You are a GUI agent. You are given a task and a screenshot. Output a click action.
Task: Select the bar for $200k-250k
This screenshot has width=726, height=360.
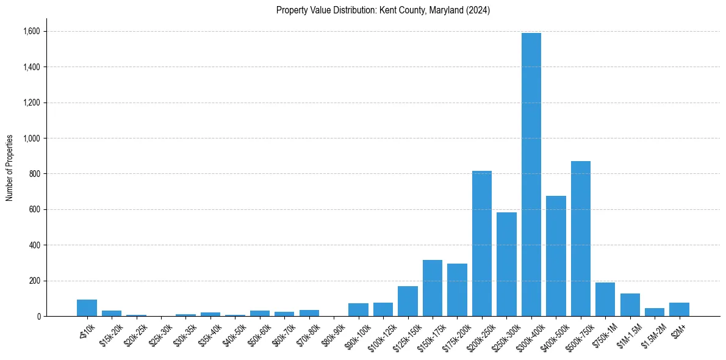tap(482, 243)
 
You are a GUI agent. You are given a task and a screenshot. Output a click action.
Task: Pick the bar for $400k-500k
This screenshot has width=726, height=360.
tap(556, 256)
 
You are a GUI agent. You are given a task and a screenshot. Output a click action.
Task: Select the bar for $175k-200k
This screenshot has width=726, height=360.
tap(457, 290)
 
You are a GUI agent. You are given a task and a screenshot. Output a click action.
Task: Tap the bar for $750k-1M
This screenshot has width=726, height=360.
tap(605, 300)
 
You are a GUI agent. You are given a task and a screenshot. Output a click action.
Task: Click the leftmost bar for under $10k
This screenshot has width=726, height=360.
tap(87, 308)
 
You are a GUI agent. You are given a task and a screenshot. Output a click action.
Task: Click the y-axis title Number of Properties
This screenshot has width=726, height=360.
tap(9, 167)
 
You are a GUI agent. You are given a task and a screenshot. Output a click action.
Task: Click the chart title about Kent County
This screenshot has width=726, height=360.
tap(383, 10)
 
